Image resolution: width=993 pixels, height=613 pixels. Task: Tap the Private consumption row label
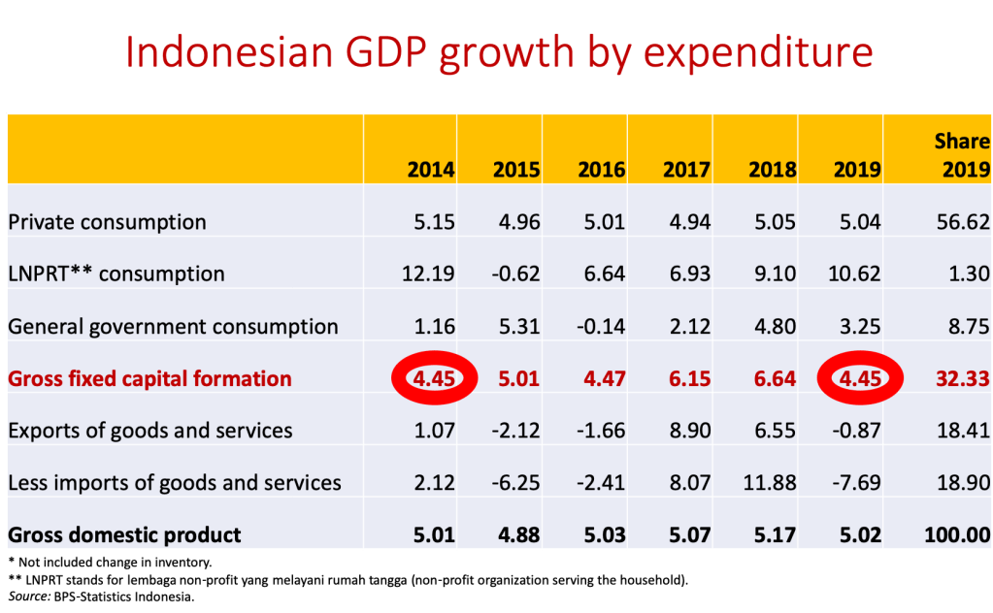tap(107, 222)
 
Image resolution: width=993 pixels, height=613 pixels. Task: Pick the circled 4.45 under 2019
tap(857, 377)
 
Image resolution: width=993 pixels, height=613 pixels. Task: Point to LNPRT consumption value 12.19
tap(429, 274)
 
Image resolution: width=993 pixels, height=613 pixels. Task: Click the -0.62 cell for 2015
tap(516, 274)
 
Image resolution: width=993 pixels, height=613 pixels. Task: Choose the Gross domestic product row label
tap(124, 534)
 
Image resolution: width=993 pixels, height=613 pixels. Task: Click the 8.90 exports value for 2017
tap(687, 430)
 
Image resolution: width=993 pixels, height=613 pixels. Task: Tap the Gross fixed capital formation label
tap(149, 378)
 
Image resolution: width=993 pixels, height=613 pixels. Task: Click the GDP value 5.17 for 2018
tap(773, 534)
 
